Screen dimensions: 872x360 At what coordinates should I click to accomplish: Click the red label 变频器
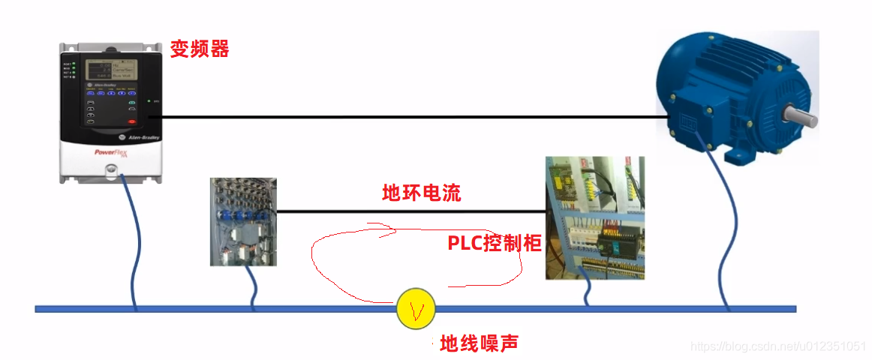pos(199,49)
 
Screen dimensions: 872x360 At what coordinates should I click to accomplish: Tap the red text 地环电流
pos(421,193)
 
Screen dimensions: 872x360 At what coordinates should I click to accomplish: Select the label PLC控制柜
pos(495,243)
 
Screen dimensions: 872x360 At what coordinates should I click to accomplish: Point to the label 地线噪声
pos(479,343)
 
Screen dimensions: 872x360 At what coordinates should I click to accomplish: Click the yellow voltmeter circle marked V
pos(416,308)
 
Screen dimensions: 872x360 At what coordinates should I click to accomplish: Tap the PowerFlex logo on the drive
pos(110,152)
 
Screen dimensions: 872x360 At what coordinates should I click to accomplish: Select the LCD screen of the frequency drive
pos(108,70)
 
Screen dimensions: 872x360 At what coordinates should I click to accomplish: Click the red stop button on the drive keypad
pos(132,121)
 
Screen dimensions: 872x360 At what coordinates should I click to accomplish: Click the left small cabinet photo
pos(243,221)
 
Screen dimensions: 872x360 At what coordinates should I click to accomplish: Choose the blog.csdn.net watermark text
pos(778,346)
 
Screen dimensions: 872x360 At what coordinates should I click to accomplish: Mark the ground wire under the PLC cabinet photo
pos(586,292)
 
